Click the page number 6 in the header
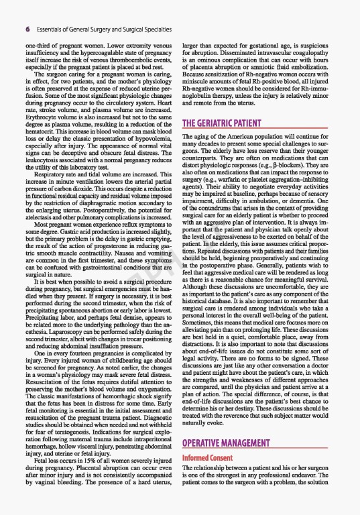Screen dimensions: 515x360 point(27,30)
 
